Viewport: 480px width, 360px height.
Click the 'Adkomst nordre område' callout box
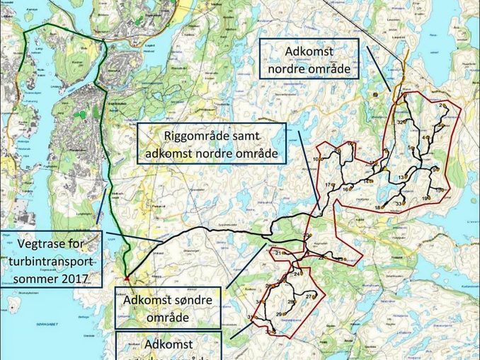pyautogui.click(x=309, y=59)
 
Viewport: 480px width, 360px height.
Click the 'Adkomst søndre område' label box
pyautogui.click(x=167, y=308)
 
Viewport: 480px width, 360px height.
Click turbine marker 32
pyautogui.click(x=401, y=122)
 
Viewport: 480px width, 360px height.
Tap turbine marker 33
pyautogui.click(x=400, y=204)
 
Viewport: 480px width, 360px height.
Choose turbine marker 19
pyautogui.click(x=426, y=199)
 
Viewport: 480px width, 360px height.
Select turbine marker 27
pyautogui.click(x=310, y=296)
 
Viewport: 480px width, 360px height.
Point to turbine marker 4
pyautogui.click(x=425, y=137)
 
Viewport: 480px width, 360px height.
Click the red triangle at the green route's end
pyautogui.click(x=126, y=279)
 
